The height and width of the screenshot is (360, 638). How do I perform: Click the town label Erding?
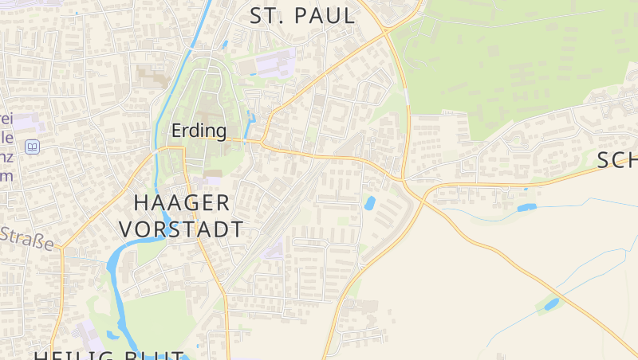coord(199,130)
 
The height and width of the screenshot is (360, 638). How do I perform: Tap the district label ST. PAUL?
coord(301,16)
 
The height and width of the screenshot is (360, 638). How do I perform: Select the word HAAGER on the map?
coord(182,202)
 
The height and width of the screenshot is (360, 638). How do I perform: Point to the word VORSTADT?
coord(181,229)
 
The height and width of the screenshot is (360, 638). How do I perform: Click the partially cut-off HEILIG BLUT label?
coord(109,354)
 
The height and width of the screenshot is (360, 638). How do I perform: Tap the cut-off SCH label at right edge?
coord(616,160)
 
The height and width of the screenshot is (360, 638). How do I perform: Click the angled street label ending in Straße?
coord(30,237)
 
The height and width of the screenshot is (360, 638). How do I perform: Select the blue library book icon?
coord(32,147)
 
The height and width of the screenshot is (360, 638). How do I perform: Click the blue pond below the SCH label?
coord(527,208)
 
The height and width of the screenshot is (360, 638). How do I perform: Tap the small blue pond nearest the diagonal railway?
coord(370,203)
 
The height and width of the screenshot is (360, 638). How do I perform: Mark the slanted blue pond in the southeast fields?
coord(551,303)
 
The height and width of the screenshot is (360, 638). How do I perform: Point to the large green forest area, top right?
coord(510,64)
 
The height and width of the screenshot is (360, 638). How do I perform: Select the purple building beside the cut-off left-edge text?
coord(24,123)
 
